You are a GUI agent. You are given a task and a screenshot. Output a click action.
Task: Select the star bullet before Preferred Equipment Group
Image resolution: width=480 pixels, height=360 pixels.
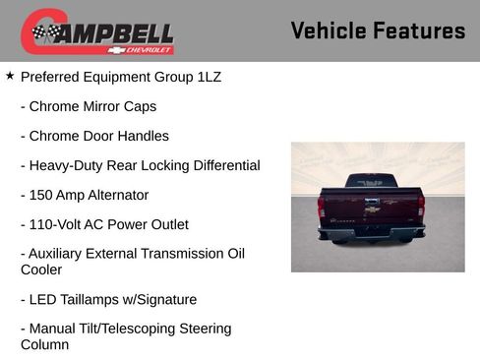(10, 76)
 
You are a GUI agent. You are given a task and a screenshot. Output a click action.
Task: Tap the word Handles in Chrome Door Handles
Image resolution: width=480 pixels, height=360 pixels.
(144, 136)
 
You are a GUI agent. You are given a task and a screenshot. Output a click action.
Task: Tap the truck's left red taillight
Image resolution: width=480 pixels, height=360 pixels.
(321, 208)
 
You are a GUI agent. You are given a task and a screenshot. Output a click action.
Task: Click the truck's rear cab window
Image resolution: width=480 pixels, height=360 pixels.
(370, 182)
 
